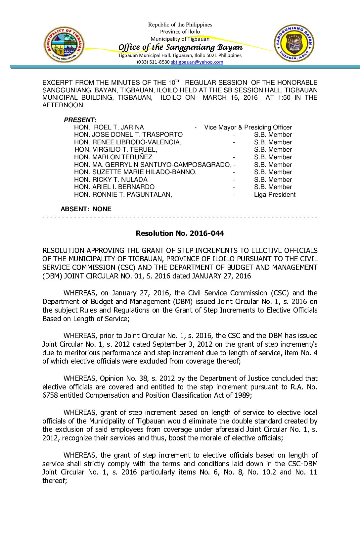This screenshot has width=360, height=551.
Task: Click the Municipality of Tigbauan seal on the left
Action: coord(64,45)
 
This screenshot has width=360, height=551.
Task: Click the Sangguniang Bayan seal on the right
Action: coord(294,43)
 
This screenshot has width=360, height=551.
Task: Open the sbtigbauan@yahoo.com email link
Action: coord(197,62)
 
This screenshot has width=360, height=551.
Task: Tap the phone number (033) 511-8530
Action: coord(153,62)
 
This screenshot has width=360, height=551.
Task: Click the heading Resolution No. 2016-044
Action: coord(180,233)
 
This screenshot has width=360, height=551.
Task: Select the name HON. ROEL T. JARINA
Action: coord(109,127)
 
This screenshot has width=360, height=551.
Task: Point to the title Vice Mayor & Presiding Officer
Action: coord(248,127)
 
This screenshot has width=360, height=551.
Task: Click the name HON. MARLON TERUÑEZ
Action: coord(113,157)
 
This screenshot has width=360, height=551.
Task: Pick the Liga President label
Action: coord(275,194)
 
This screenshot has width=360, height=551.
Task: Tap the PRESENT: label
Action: coord(80,120)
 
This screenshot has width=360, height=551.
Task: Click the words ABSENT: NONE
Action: coord(86,209)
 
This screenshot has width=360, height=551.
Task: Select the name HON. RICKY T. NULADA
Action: coord(111,179)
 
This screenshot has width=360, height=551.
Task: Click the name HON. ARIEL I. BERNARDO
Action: coord(114,187)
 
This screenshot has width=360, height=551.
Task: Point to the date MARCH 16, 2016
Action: coord(230,97)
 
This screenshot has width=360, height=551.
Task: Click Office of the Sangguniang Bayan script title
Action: coord(180,47)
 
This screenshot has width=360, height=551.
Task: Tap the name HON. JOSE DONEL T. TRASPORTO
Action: coord(128,134)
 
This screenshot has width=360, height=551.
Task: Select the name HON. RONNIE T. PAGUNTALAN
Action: coord(123,194)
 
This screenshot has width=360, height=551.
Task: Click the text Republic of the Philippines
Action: coord(180,25)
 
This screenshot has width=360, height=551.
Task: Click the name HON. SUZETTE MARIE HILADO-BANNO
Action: coord(135,172)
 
